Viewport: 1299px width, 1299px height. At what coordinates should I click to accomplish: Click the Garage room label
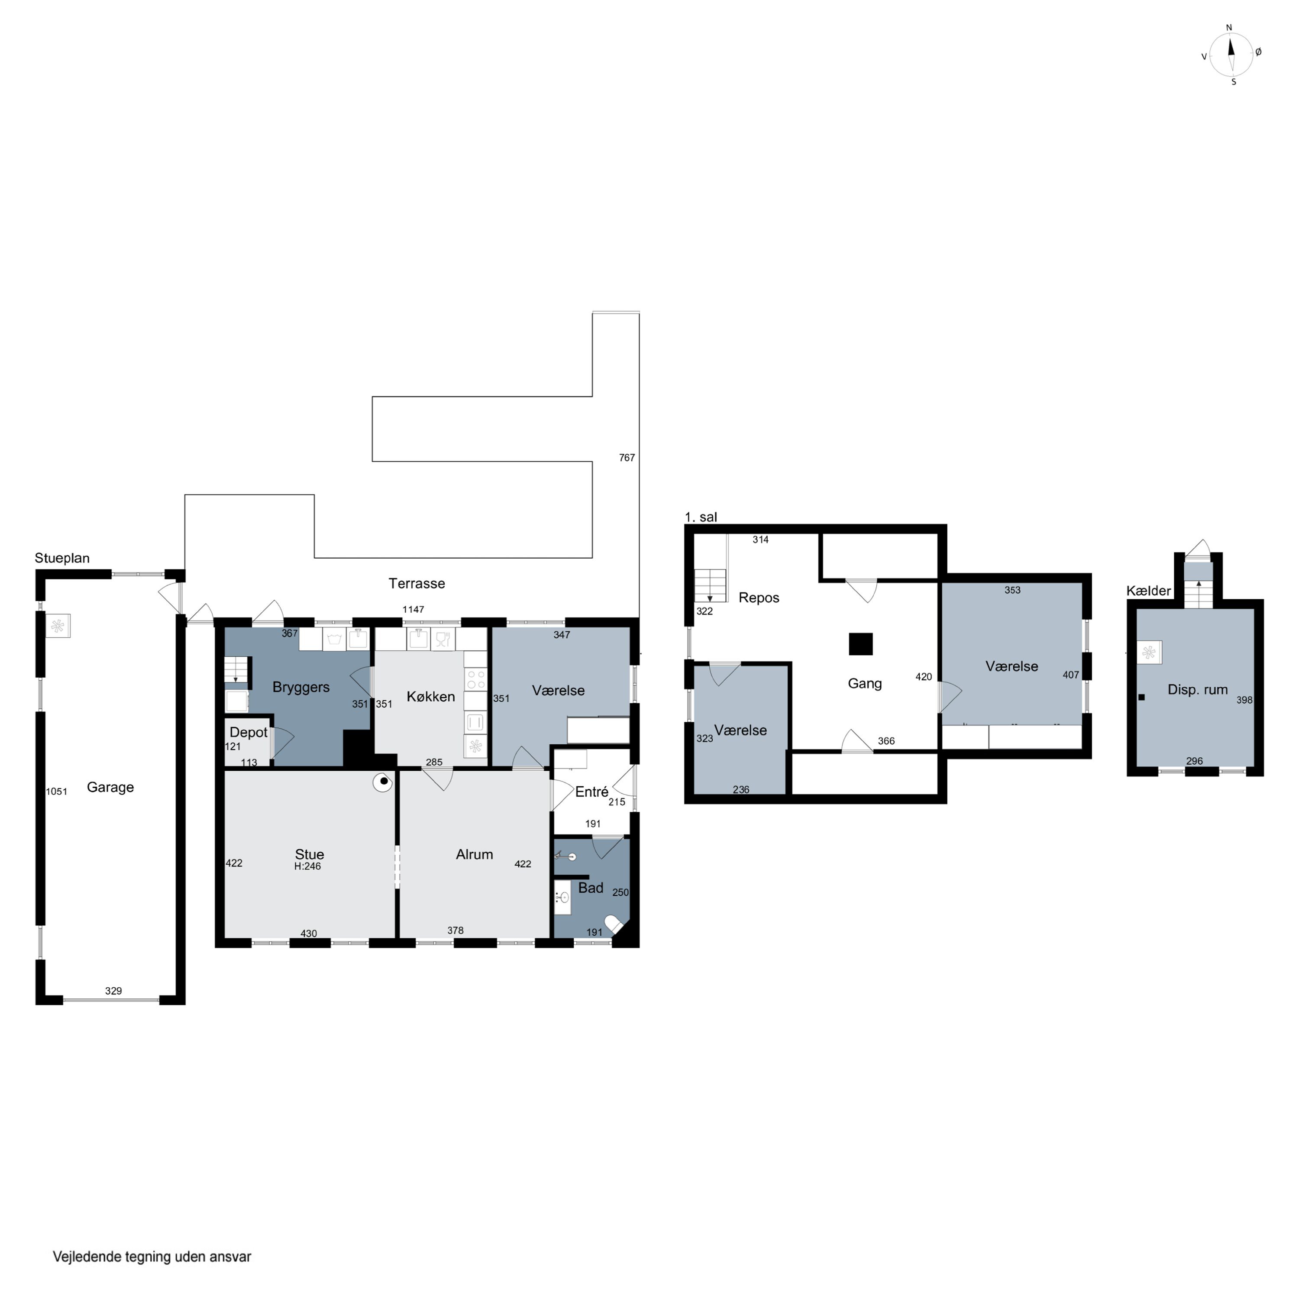[x=110, y=787]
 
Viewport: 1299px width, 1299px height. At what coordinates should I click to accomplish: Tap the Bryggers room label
[x=301, y=687]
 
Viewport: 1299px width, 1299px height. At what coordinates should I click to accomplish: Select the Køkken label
[x=431, y=697]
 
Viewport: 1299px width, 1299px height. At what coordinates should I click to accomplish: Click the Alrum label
[x=475, y=855]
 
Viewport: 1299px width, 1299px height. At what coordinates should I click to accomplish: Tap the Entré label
[x=591, y=792]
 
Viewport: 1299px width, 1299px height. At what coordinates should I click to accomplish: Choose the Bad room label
[x=591, y=888]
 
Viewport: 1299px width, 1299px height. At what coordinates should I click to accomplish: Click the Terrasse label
[x=417, y=584]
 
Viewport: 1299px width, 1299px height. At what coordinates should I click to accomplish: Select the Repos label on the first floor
[x=759, y=598]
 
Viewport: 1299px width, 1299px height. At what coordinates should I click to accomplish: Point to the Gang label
[x=865, y=684]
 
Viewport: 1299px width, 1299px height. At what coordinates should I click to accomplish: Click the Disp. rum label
[x=1198, y=690]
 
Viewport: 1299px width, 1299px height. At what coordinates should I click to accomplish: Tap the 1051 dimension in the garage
[x=56, y=792]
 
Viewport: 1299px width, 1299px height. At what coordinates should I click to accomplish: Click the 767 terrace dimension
[x=627, y=458]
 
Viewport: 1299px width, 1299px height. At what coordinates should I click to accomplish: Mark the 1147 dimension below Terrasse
[x=414, y=610]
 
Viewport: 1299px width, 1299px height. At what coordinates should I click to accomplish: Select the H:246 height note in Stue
[x=307, y=867]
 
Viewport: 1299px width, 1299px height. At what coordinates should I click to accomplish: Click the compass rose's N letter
[x=1229, y=28]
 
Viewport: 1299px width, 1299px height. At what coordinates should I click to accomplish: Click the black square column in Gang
[x=861, y=644]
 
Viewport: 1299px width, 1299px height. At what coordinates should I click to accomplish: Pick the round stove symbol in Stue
[x=383, y=782]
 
